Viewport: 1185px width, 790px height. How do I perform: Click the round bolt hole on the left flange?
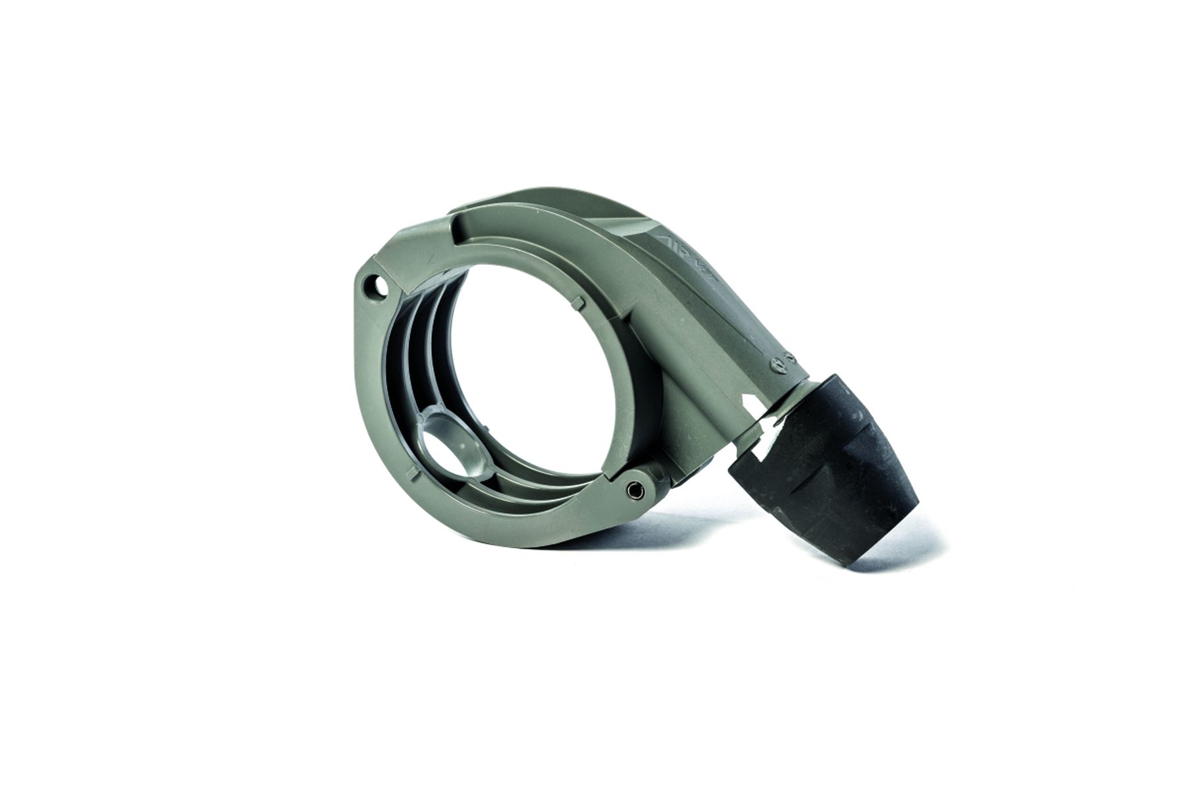tap(377, 286)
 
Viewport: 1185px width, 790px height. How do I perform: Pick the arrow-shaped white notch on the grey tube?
tap(751, 401)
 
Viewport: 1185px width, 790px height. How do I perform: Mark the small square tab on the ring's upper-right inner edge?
tap(577, 301)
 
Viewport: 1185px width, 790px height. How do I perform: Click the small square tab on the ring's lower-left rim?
tap(413, 472)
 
